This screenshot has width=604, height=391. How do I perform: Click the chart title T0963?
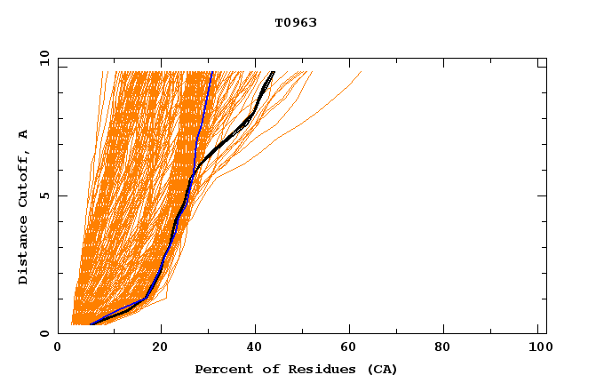coord(296,23)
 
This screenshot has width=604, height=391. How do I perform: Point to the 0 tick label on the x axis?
coord(58,348)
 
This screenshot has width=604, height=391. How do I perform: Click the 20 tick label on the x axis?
coord(161,348)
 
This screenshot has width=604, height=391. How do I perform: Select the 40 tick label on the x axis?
coord(257,348)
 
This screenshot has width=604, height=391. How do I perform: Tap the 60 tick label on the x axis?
coord(353,348)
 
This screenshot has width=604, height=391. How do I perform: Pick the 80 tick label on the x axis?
coord(449,348)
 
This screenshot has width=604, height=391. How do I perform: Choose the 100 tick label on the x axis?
coord(538,348)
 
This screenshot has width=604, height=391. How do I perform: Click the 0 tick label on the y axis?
coord(44,333)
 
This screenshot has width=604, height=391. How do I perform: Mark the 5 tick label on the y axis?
coord(44,195)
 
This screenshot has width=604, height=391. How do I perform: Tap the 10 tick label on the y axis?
coord(42,59)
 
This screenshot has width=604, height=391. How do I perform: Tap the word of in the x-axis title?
coord(265,369)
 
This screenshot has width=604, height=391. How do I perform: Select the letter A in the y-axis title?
coord(24,133)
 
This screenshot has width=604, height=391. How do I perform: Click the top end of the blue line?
coord(211,72)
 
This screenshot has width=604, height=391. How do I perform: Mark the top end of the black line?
coord(274,72)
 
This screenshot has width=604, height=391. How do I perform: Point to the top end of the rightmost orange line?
coord(362,72)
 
